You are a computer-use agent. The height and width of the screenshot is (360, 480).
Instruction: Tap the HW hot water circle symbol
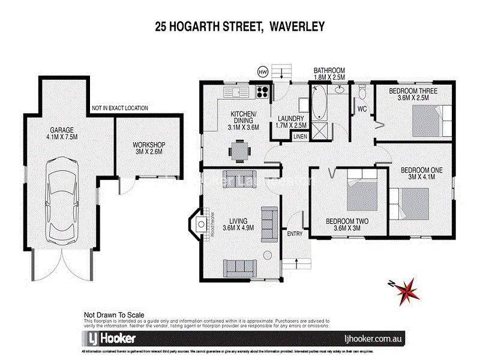(262, 72)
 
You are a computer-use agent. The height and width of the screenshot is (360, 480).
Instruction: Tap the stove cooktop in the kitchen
(262, 92)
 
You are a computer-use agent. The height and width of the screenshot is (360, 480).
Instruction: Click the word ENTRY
(295, 233)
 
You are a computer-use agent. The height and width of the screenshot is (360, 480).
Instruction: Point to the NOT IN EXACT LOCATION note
(119, 109)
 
